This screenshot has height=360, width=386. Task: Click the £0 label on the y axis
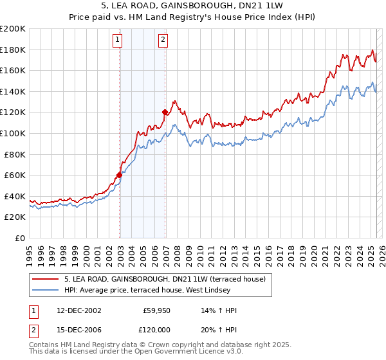[19, 238]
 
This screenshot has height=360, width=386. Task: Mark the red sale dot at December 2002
[120, 175]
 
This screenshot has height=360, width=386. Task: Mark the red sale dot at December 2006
[165, 112]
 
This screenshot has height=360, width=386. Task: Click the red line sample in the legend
[46, 278]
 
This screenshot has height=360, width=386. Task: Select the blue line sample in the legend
[46, 290]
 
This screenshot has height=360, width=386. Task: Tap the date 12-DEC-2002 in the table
[78, 310]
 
